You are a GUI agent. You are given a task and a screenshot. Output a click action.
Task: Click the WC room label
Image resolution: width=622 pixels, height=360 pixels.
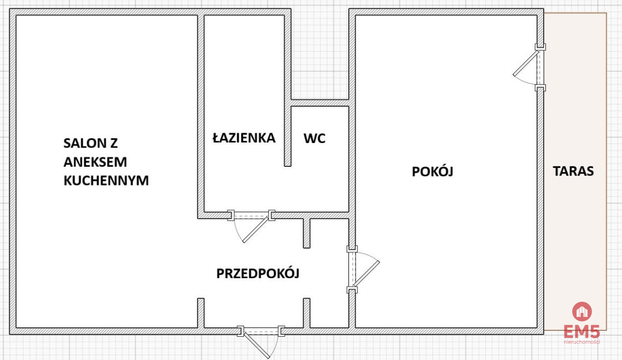click(314, 138)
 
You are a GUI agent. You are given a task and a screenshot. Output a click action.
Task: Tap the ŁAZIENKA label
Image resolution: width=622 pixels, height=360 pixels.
click(244, 138)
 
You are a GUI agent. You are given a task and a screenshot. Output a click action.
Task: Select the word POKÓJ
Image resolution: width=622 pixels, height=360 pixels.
click(432, 171)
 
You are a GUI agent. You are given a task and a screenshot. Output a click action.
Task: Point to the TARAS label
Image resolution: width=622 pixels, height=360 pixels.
click(573, 171)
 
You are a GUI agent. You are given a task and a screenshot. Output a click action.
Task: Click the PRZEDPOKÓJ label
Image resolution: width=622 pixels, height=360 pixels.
click(258, 273)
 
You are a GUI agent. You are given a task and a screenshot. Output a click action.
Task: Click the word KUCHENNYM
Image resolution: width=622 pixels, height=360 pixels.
click(106, 180)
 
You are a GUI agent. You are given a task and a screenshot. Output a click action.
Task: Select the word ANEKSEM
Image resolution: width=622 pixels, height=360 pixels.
click(95, 162)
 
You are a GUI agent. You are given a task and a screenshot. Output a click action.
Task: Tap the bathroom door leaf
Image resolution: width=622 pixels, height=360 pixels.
click(256, 230)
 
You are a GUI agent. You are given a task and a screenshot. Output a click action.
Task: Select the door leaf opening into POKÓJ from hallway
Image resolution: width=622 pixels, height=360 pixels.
click(366, 273)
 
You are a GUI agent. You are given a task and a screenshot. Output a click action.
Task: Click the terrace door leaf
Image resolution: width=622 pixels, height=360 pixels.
click(526, 63)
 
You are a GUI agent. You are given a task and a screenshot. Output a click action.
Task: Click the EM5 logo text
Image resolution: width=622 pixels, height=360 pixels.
click(582, 332)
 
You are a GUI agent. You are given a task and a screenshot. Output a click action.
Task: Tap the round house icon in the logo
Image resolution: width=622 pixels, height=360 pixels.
click(582, 311)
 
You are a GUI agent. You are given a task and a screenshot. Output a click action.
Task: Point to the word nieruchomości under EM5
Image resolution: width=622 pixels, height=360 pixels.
click(582, 342)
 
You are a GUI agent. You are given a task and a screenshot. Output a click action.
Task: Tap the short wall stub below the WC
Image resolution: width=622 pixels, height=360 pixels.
click(306, 233)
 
